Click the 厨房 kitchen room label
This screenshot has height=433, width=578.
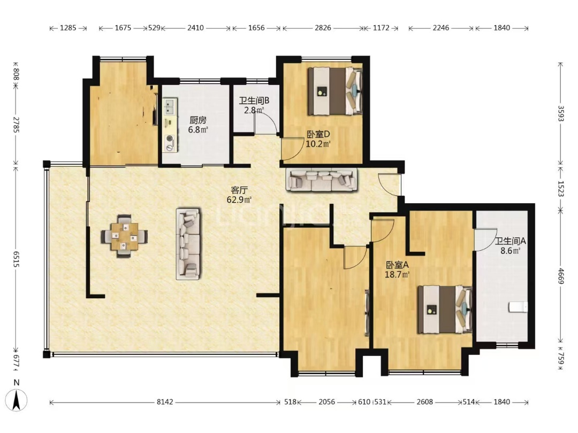[x=198, y=120]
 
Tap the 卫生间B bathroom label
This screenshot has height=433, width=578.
[x=254, y=100]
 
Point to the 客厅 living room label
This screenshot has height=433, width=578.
[x=239, y=190]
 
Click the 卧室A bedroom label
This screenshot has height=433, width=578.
[x=397, y=265]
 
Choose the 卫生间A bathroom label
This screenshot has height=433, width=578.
[x=510, y=242]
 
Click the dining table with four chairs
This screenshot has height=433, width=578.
[x=125, y=236]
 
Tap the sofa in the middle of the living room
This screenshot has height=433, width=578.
[x=188, y=244]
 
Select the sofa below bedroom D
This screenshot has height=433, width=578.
[x=322, y=179]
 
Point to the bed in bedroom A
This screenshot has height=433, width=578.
[x=445, y=310]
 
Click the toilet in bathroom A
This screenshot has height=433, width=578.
[x=518, y=307]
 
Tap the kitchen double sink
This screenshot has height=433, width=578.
[x=170, y=106]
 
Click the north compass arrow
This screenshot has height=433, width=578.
[x=17, y=400]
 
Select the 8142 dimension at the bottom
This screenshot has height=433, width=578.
[x=165, y=402]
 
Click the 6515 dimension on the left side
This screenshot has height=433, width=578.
[x=16, y=259]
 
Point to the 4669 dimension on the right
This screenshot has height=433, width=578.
[x=561, y=276]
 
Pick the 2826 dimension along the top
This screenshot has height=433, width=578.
[x=323, y=28]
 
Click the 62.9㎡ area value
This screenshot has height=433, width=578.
[x=239, y=200]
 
